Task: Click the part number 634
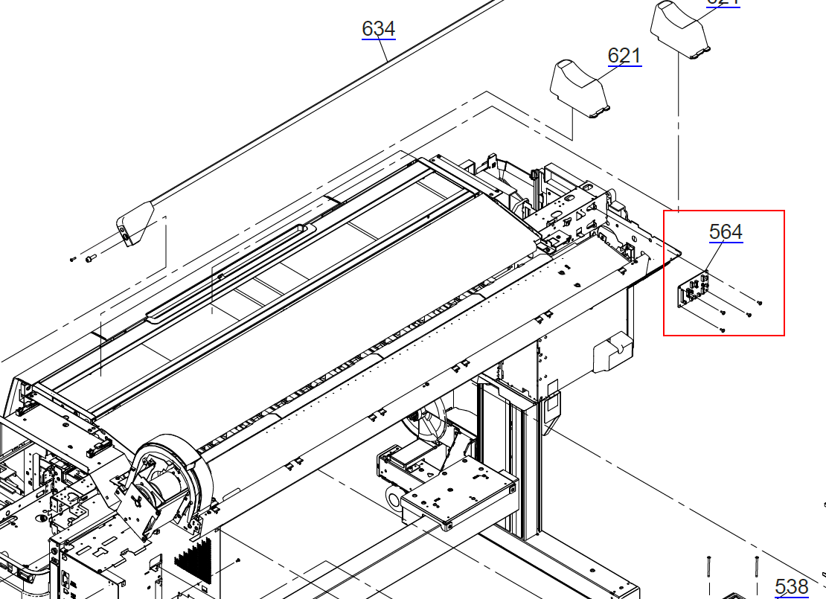click(x=378, y=29)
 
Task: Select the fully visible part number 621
click(x=624, y=56)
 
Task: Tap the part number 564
click(x=726, y=232)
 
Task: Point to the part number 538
click(x=791, y=586)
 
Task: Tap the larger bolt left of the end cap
click(x=91, y=258)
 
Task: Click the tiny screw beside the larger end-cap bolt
click(x=72, y=259)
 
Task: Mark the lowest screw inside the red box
click(x=723, y=329)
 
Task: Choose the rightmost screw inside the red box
click(x=758, y=302)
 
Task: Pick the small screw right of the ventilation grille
click(x=237, y=560)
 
